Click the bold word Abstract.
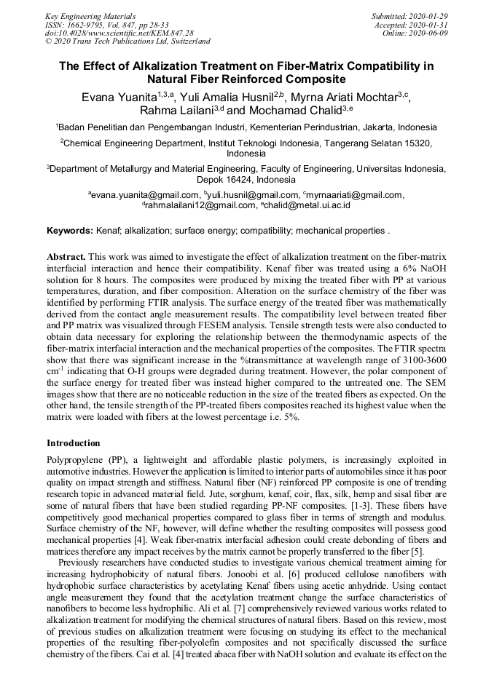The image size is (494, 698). (x=66, y=258)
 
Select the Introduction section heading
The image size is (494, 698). (x=74, y=443)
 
